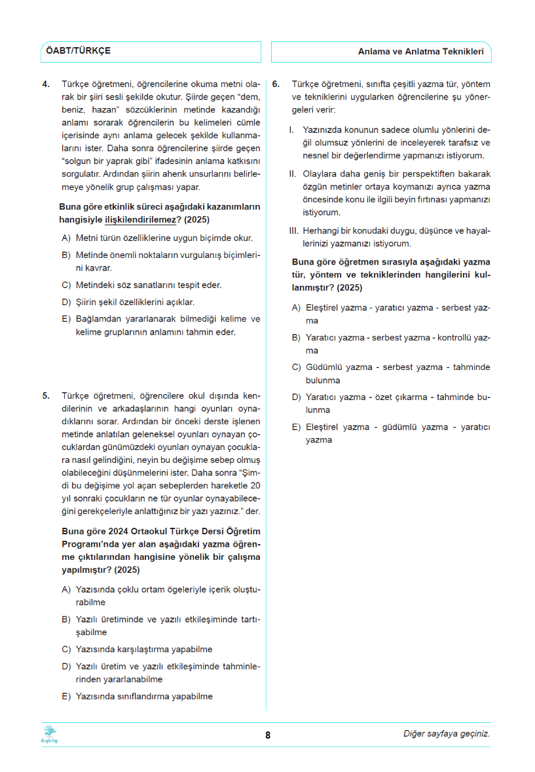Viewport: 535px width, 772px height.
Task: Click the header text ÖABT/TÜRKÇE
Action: pos(77,51)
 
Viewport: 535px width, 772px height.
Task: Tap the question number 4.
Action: pos(46,84)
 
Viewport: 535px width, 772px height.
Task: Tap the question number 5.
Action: pos(46,396)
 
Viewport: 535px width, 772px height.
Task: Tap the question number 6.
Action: pos(276,84)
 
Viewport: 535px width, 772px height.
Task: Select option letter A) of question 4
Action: pos(66,238)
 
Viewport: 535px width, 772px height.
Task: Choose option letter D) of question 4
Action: pos(66,303)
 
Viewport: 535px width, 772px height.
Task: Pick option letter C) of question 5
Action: pos(66,650)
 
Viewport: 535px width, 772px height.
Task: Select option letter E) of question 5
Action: pos(66,697)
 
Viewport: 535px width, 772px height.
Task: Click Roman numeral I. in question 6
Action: pos(291,129)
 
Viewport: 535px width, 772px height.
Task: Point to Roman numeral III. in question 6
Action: pos(294,230)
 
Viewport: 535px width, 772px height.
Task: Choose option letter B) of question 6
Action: pos(296,338)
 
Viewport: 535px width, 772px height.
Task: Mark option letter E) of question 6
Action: pos(296,428)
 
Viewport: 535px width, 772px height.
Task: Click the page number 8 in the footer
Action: pos(268,735)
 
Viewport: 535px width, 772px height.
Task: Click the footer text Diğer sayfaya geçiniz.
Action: pos(446,734)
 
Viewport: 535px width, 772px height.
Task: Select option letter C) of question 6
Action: pos(296,368)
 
